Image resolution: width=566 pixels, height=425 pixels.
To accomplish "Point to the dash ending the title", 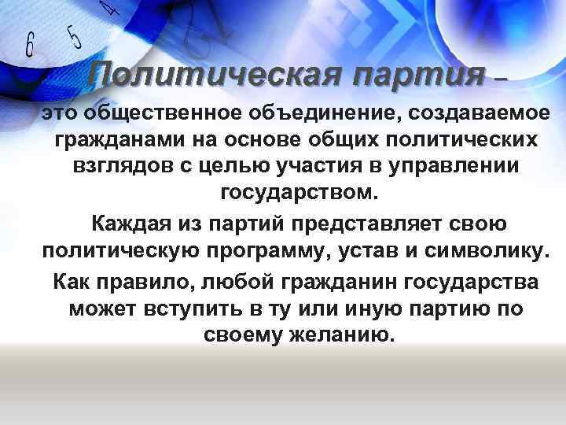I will [502, 78].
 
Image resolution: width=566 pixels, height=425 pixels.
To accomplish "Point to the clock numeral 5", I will [75, 36].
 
